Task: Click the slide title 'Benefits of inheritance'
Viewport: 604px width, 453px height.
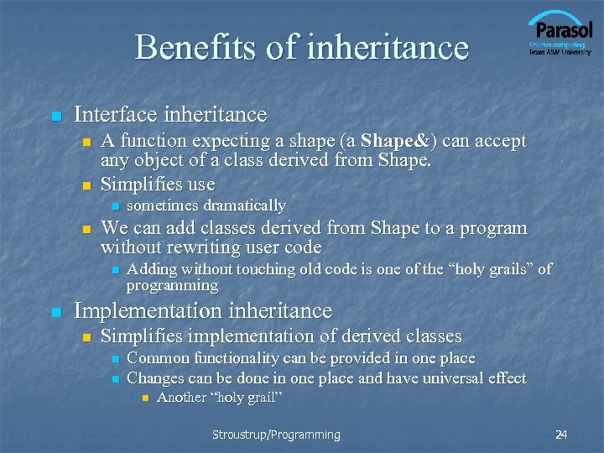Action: [301, 47]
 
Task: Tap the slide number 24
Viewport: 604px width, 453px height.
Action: [561, 435]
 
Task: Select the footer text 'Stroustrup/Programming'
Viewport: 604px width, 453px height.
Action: [276, 435]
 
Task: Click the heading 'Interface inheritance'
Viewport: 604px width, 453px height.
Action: [170, 114]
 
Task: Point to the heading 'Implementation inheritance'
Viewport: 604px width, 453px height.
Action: [203, 311]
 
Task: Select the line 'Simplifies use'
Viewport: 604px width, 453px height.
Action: [158, 185]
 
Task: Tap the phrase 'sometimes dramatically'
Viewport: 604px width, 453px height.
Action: [206, 206]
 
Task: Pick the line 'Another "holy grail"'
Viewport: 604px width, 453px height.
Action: [219, 398]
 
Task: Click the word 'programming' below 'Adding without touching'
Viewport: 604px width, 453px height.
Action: [172, 286]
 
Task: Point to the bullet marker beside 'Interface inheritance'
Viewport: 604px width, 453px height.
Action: [55, 116]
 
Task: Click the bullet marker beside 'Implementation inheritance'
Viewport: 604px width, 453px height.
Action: [55, 313]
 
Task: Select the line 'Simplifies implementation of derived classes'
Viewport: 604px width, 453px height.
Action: [281, 336]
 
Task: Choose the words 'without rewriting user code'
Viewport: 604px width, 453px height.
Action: [211, 247]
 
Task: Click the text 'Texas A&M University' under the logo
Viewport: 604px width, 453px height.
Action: [559, 52]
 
